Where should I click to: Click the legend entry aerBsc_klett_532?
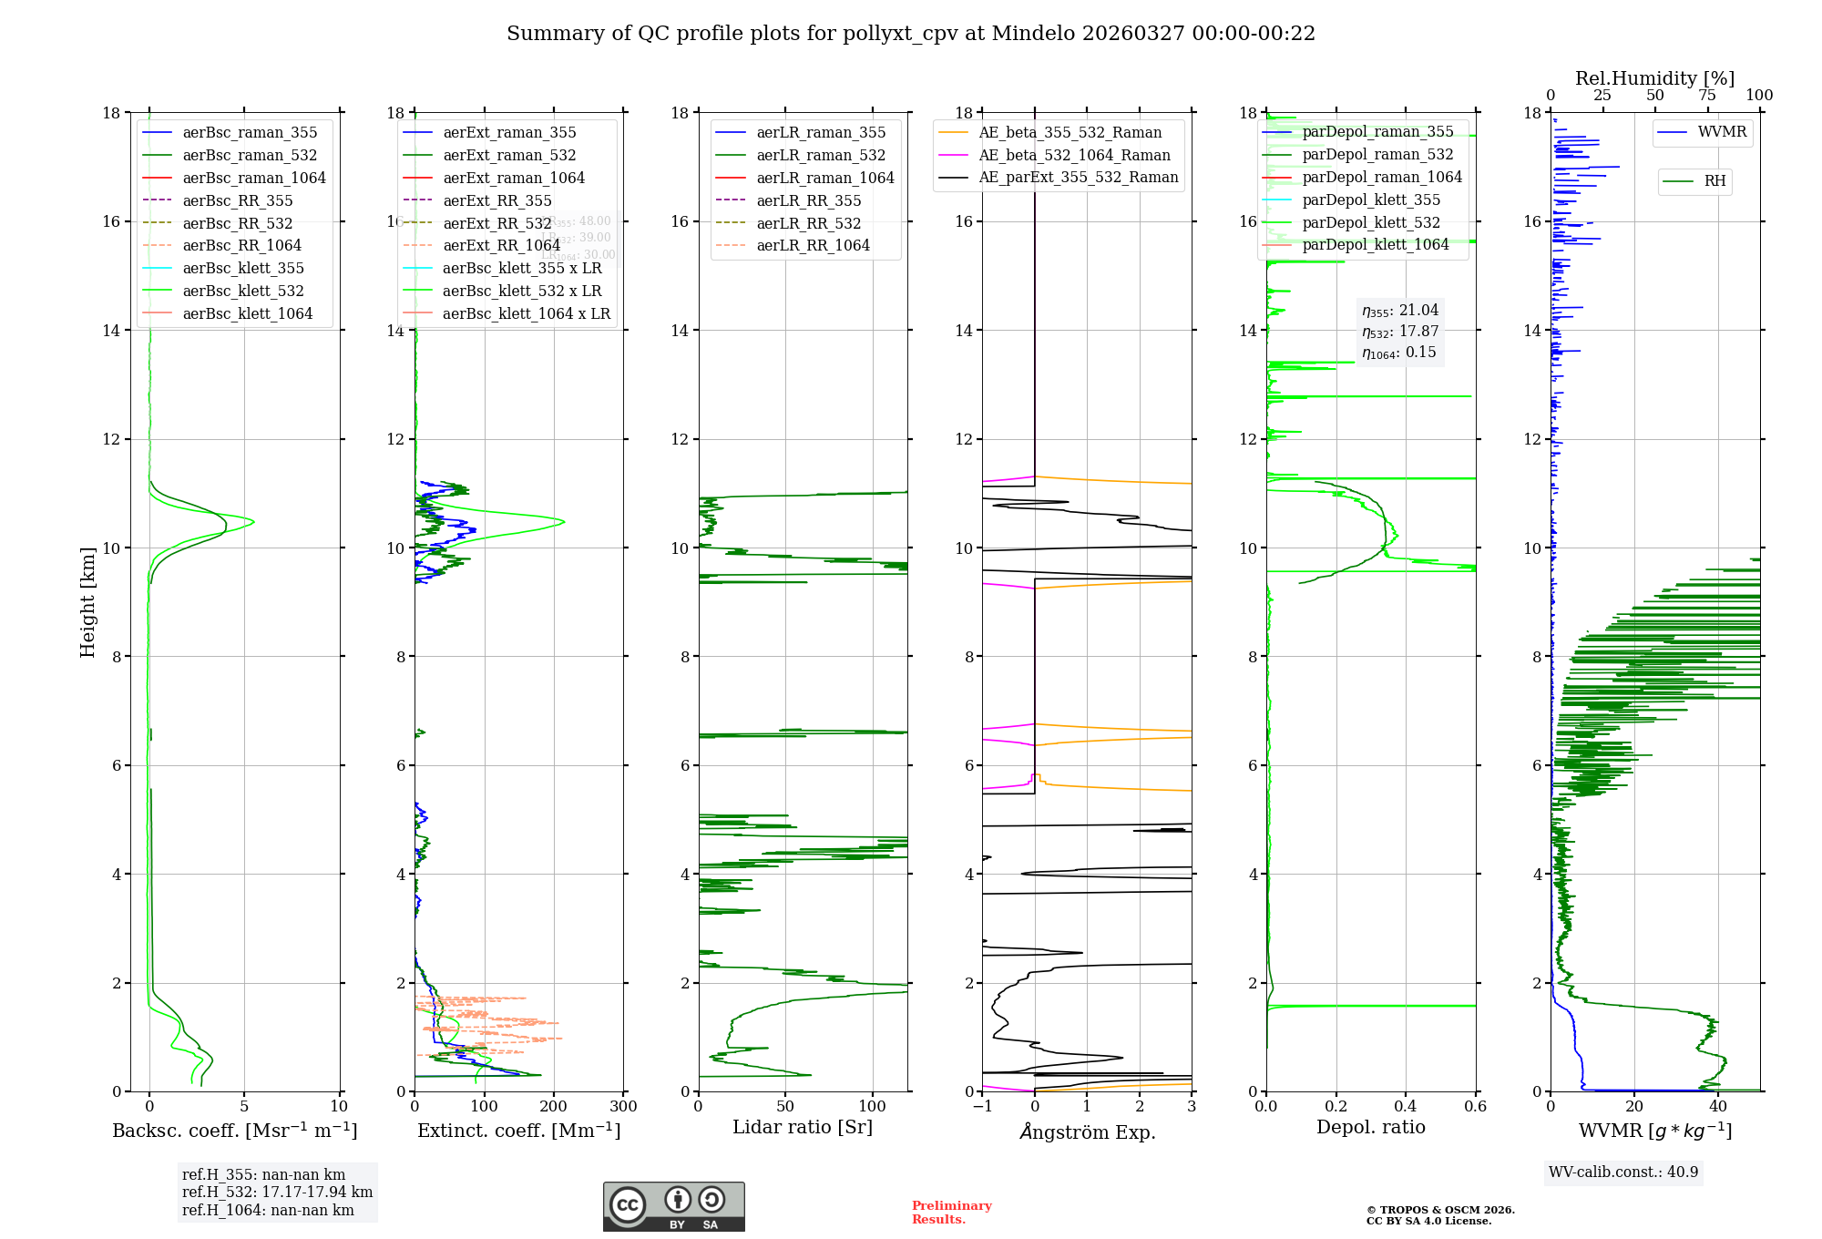pyautogui.click(x=243, y=291)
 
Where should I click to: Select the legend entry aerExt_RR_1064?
pyautogui.click(x=501, y=245)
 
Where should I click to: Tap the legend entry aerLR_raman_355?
pyautogui.click(x=821, y=132)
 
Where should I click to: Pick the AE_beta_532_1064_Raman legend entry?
pyautogui.click(x=1074, y=155)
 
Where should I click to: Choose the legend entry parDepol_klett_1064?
pyautogui.click(x=1375, y=244)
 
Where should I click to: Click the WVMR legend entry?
pyautogui.click(x=1722, y=132)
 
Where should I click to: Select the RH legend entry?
pyautogui.click(x=1715, y=181)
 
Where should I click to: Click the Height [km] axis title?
pyautogui.click(x=87, y=602)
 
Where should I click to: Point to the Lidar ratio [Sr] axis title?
pyautogui.click(x=803, y=1127)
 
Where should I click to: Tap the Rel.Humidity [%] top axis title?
pyautogui.click(x=1654, y=78)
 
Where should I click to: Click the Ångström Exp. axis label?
pyautogui.click(x=1087, y=1132)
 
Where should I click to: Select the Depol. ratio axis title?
pyautogui.click(x=1370, y=1127)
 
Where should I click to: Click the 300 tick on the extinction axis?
pyautogui.click(x=624, y=1107)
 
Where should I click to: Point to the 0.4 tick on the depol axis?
pyautogui.click(x=1406, y=1107)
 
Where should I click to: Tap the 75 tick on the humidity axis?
pyautogui.click(x=1707, y=96)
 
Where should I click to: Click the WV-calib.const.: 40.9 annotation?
pyautogui.click(x=1623, y=1172)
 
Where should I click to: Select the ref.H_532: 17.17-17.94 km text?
pyautogui.click(x=277, y=1192)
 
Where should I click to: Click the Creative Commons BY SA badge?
pyautogui.click(x=673, y=1207)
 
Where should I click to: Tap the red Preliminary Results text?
pyautogui.click(x=951, y=1213)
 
